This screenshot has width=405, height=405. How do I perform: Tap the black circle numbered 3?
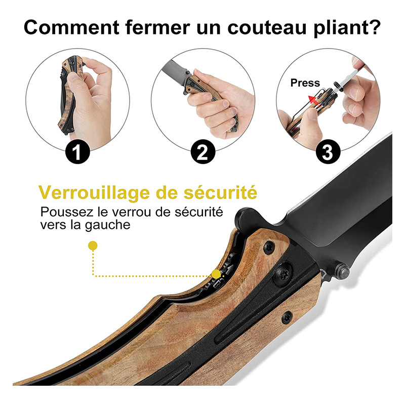point(328,151)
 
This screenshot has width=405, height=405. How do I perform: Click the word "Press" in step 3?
point(305,83)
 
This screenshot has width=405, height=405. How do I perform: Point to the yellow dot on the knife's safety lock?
point(216,274)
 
